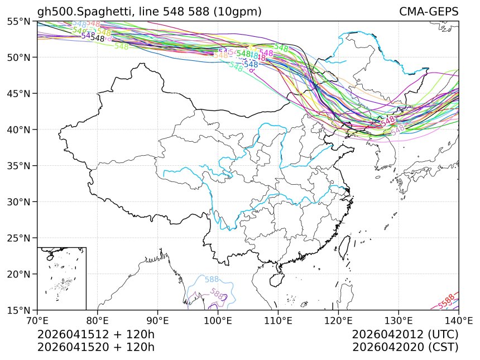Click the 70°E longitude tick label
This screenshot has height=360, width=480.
point(37,320)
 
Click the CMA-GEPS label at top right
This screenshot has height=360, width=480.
point(429,12)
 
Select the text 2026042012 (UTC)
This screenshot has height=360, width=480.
point(405,334)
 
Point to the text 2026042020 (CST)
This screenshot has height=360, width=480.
point(405,347)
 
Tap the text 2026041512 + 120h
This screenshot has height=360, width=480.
point(95,334)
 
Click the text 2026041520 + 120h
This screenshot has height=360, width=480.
point(95,347)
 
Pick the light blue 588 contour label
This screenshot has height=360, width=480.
point(212,280)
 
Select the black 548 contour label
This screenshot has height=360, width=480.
point(97,39)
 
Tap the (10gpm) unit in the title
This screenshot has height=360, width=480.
point(236,12)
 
